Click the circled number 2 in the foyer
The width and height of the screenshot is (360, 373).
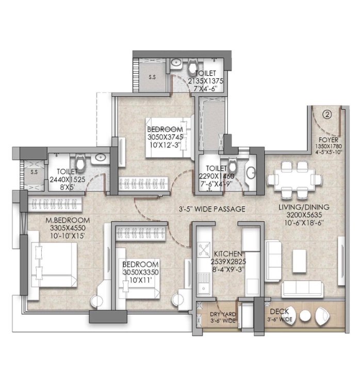[327, 115]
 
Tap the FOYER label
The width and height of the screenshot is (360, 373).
[329, 140]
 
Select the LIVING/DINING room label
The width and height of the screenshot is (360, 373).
[304, 207]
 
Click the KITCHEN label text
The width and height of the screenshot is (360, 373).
[228, 253]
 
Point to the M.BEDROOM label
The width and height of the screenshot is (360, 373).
[68, 221]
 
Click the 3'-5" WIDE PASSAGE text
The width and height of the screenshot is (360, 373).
[212, 209]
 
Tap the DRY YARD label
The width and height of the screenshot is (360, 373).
[223, 314]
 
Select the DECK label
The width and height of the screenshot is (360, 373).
[280, 311]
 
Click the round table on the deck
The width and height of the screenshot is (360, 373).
[305, 316]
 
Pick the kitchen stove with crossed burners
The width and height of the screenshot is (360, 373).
[204, 249]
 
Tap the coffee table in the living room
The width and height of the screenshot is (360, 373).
[300, 261]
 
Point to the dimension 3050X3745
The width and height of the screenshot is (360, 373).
[165, 137]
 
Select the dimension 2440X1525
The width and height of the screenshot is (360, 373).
[68, 180]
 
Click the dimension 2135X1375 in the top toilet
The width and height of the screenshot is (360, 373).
[205, 81]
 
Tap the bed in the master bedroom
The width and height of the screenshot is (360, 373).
[54, 264]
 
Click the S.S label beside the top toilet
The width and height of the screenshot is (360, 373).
[152, 77]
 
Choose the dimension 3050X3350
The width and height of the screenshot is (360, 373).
[141, 273]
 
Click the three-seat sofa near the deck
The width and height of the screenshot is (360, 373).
[302, 289]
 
